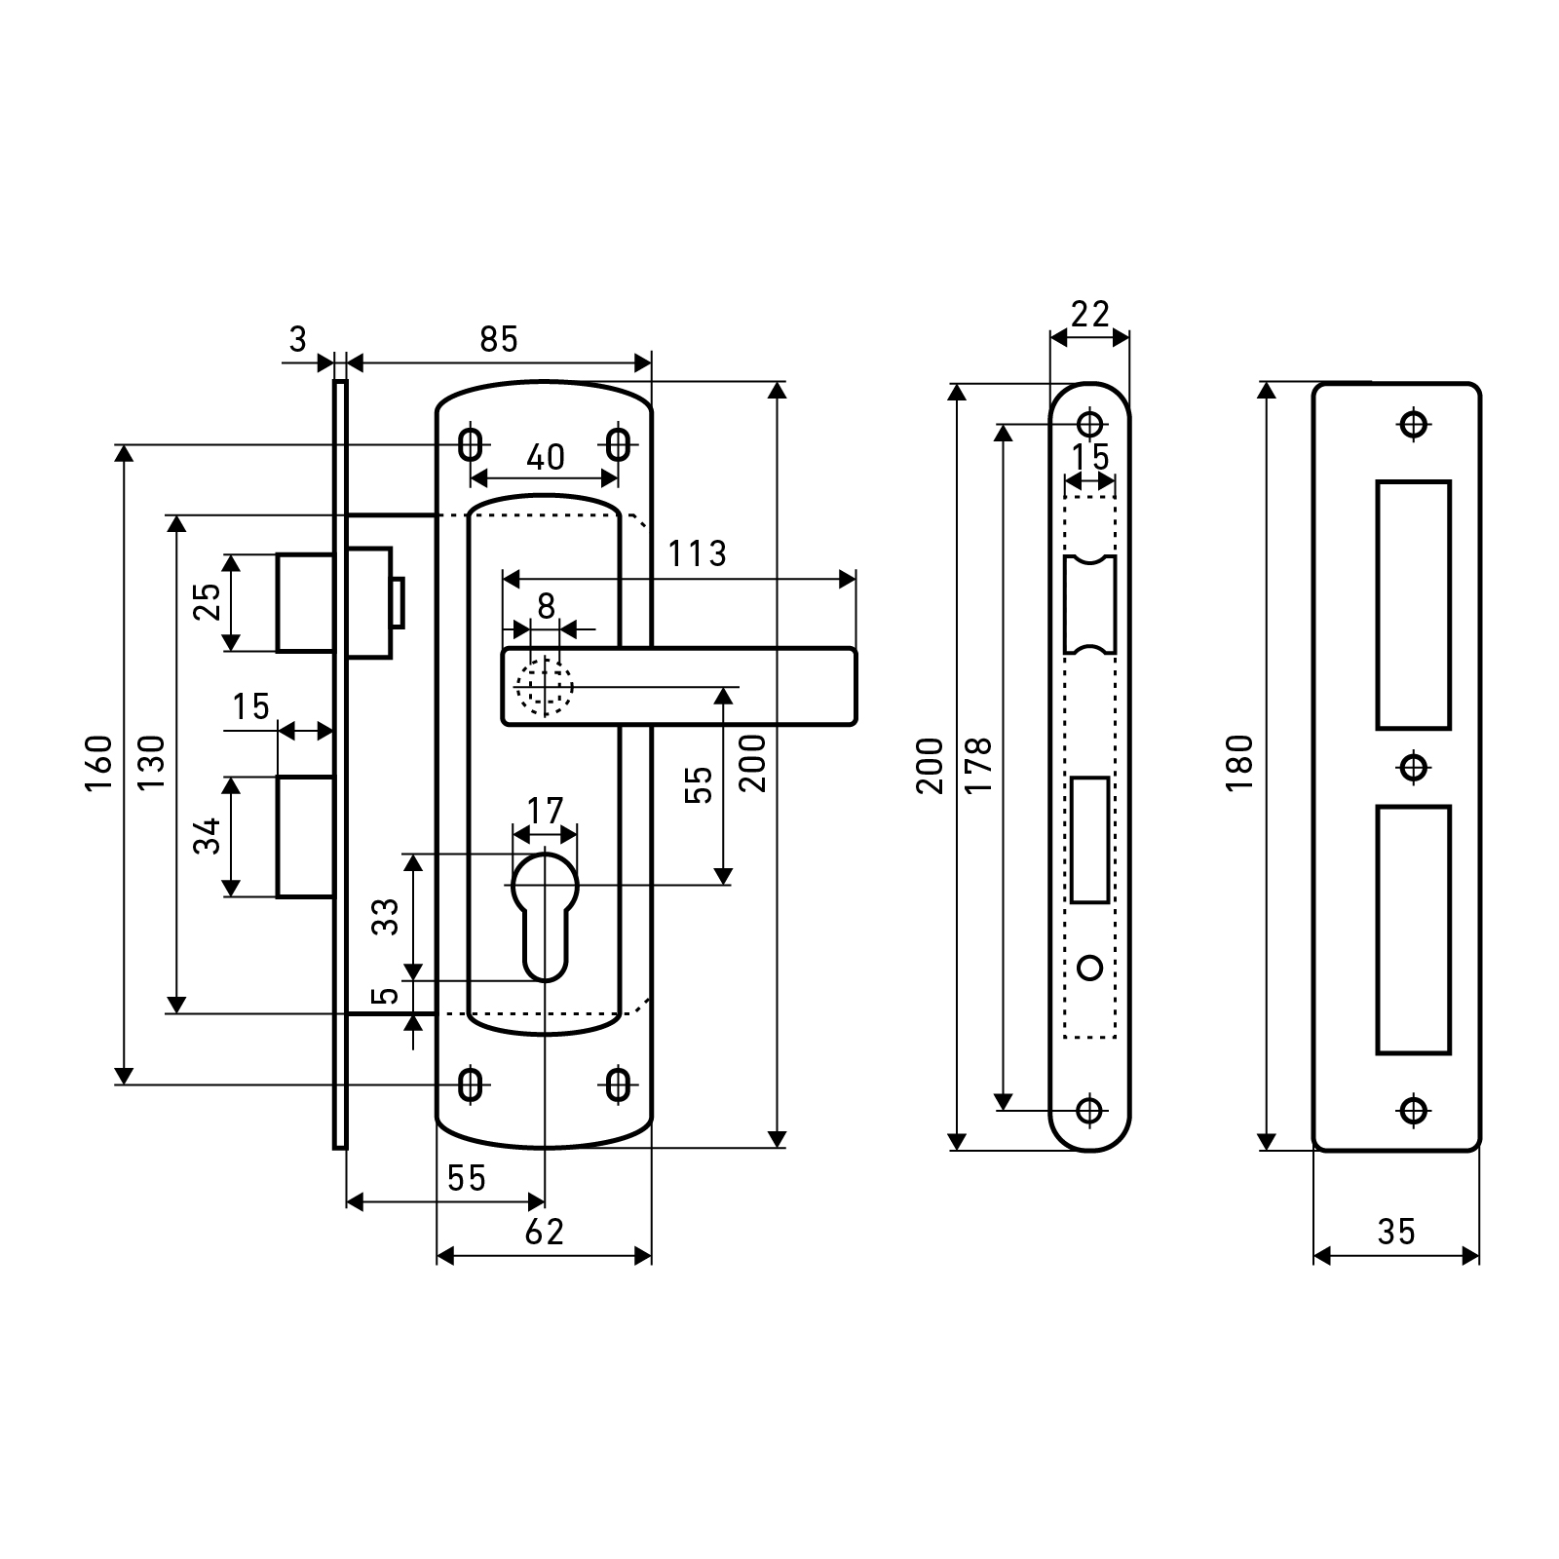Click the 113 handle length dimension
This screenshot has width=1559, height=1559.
697,554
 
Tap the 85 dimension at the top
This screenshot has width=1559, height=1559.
498,339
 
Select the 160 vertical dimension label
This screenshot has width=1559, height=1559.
100,763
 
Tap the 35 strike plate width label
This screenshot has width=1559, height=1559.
1395,1233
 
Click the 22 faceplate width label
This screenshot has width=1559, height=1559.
1089,314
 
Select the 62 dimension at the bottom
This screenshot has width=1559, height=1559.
544,1233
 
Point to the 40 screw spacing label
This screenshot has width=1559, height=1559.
545,457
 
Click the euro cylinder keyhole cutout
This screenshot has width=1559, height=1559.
545,911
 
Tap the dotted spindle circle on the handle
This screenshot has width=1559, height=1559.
545,687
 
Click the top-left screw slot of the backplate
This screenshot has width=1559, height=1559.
471,445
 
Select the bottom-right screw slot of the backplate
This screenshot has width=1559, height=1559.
617,1084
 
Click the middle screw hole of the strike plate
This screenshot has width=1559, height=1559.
1414,767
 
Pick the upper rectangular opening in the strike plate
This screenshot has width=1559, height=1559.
1413,604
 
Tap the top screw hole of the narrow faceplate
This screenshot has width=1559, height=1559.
1089,424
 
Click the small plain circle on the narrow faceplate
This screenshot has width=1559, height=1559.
1090,968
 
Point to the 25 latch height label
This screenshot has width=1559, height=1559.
207,603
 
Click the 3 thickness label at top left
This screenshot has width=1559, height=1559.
298,339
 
